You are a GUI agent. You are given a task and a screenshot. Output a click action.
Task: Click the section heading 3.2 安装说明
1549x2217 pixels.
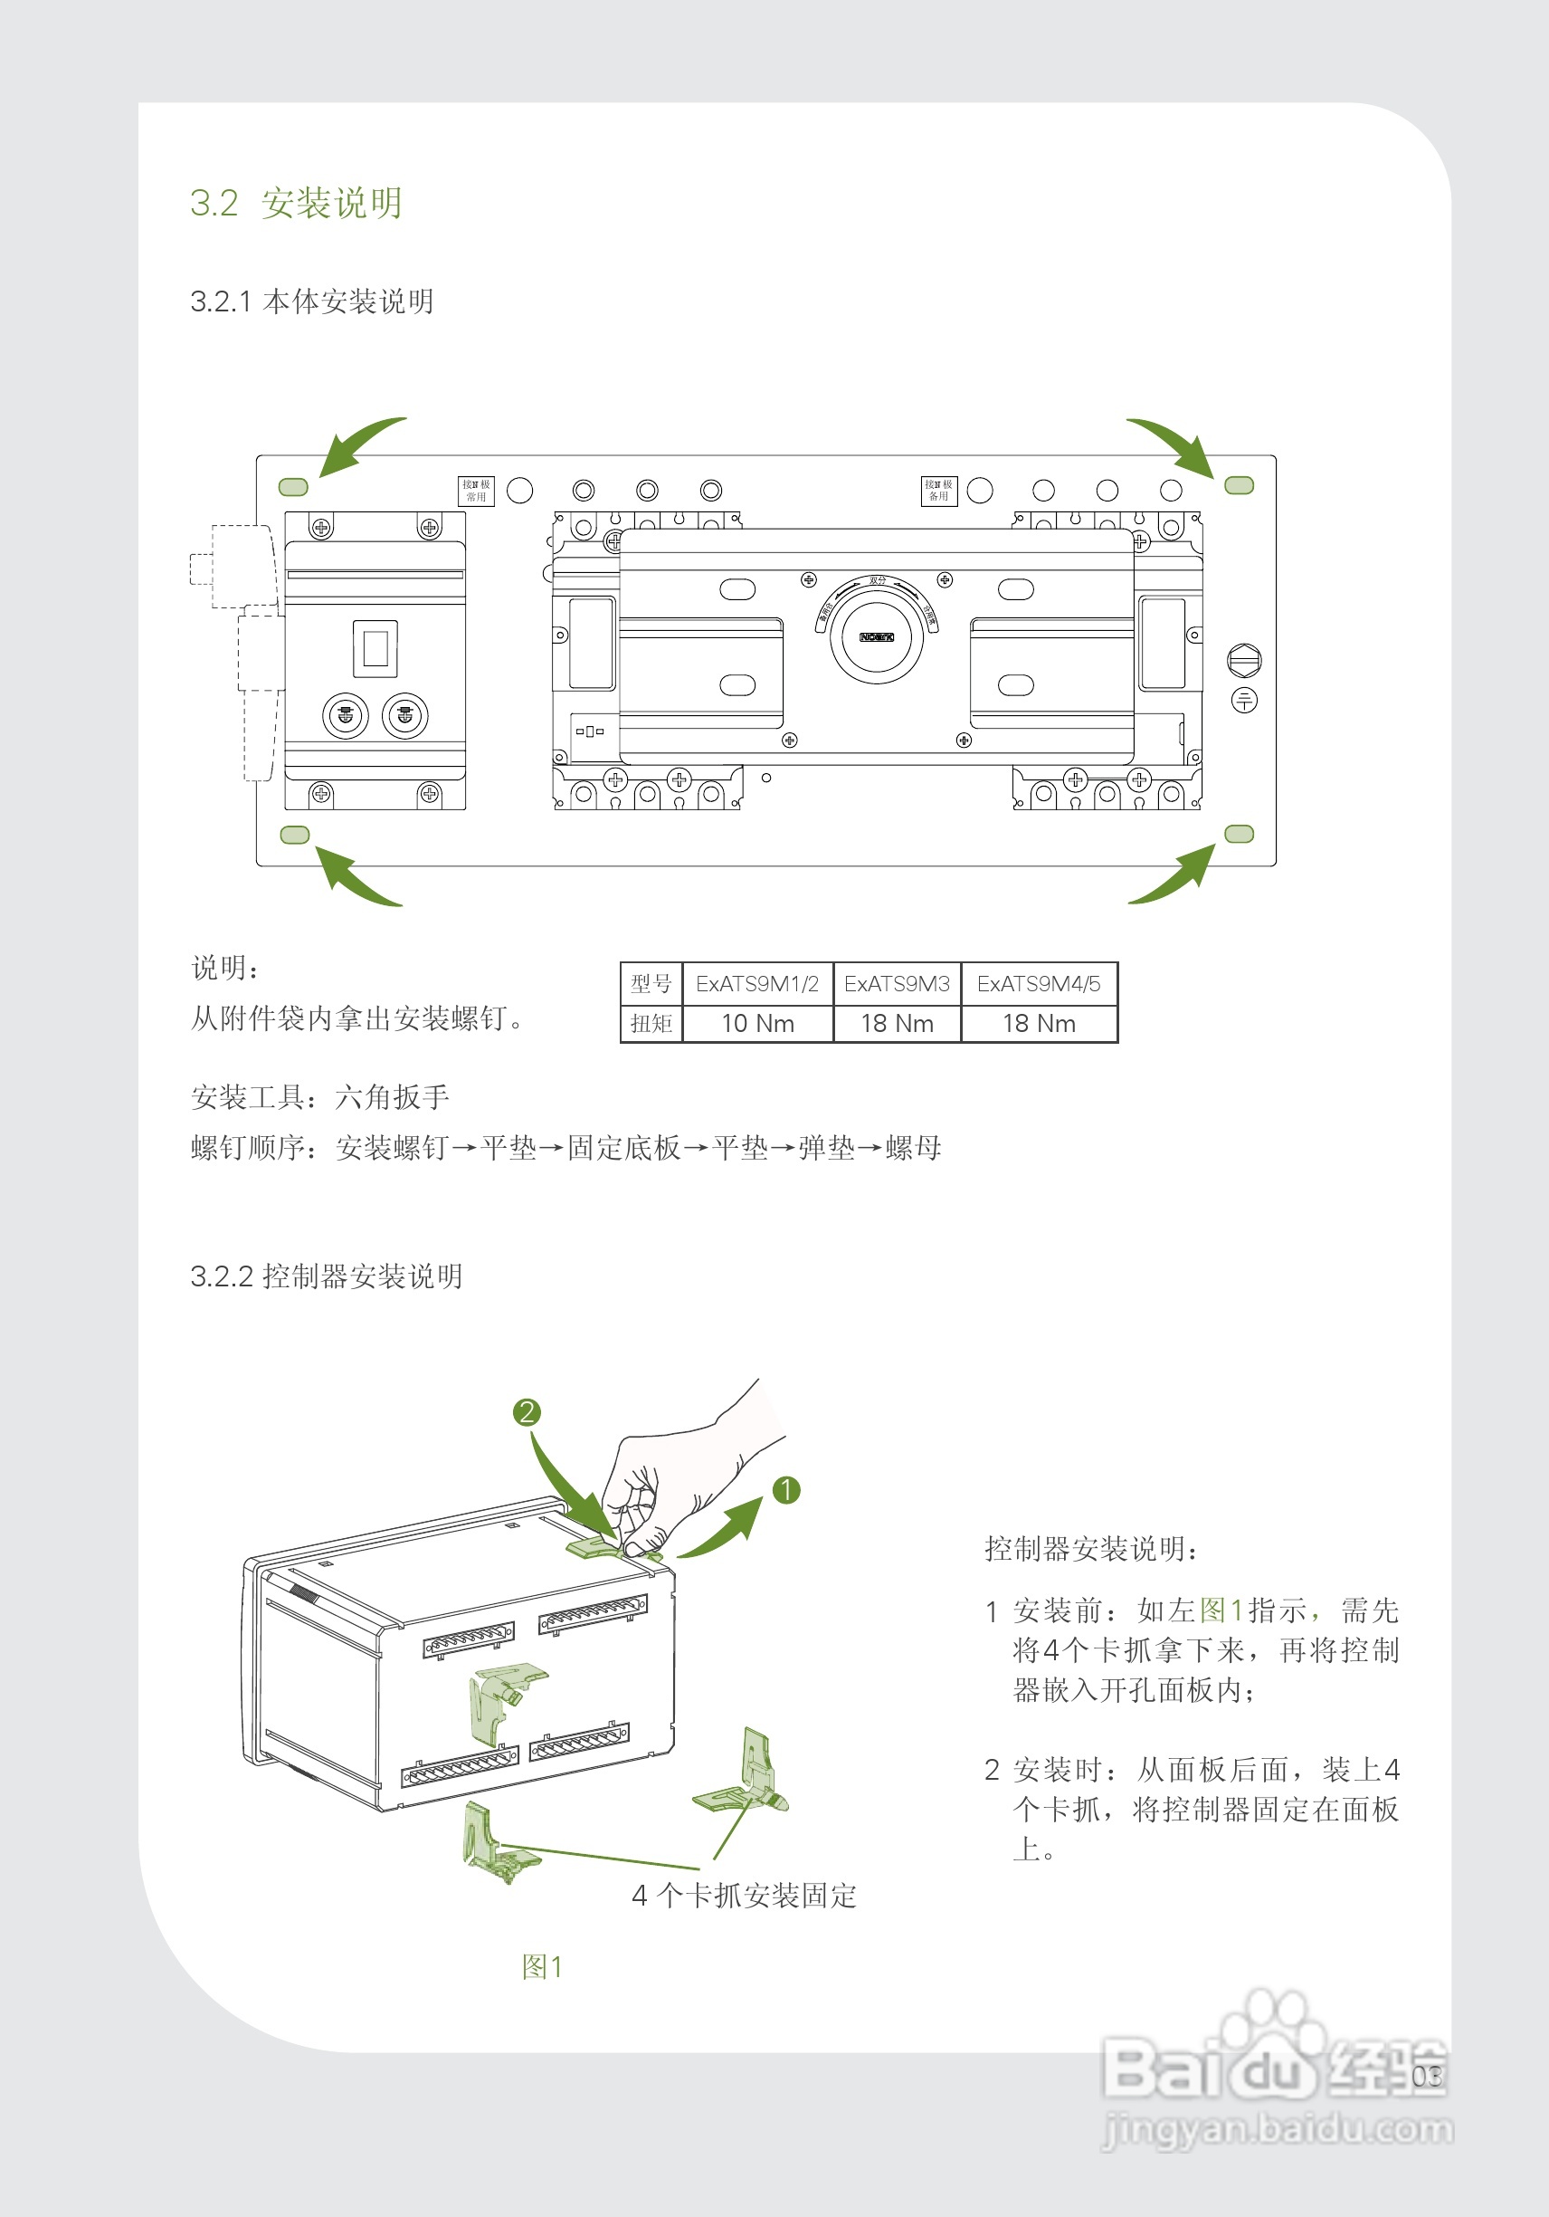(x=295, y=203)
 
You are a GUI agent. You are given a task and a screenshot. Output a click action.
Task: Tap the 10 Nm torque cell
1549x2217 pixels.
(x=757, y=1024)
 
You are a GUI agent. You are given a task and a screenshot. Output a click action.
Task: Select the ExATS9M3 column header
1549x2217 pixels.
(x=897, y=984)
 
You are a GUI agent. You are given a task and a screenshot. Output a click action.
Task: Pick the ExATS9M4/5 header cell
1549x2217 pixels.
(x=1039, y=984)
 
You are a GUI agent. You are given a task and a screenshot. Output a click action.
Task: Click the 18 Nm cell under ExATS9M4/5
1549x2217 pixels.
(x=1039, y=1024)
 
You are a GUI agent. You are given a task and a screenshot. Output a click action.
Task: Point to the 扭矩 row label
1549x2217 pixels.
(x=651, y=1024)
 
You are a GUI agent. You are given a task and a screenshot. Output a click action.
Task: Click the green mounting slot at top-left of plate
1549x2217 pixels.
(x=293, y=488)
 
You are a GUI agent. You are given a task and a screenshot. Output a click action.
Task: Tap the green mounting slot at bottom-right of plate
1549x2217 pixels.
(x=1240, y=834)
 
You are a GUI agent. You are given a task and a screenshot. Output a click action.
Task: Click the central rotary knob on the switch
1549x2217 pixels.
(x=877, y=636)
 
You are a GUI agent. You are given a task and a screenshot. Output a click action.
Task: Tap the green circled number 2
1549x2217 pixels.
(x=526, y=1412)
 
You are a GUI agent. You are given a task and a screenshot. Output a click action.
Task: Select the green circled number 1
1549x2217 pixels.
(x=786, y=1490)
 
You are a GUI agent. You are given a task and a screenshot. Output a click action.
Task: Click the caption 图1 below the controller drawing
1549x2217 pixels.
(x=541, y=1967)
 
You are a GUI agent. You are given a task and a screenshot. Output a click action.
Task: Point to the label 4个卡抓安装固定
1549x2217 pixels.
(x=743, y=1896)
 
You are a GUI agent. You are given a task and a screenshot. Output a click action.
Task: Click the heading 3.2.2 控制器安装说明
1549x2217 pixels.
(x=327, y=1276)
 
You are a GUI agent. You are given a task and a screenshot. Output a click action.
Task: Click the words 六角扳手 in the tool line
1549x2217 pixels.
(x=392, y=1097)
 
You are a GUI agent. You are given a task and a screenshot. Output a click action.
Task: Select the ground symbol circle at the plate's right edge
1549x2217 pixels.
(x=1244, y=700)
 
